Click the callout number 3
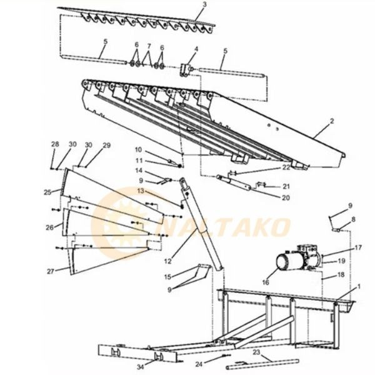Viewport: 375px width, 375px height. [x=204, y=5]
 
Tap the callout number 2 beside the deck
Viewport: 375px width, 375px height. [x=332, y=121]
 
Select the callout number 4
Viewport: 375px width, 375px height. [x=196, y=49]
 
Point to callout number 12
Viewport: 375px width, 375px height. [x=168, y=261]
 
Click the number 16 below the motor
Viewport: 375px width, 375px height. [x=266, y=282]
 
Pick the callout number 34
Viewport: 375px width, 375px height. [x=141, y=366]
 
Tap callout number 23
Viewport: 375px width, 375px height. [x=256, y=352]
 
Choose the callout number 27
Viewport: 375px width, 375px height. [x=50, y=271]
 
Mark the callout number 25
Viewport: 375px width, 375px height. [x=47, y=192]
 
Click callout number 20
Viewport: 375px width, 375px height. [x=286, y=197]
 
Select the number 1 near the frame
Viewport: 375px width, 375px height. [x=359, y=286]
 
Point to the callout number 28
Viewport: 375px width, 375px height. [x=55, y=144]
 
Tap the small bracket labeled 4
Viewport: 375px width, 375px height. [x=185, y=70]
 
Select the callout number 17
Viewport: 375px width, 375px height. [x=357, y=247]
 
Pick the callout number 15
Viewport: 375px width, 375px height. [x=167, y=277]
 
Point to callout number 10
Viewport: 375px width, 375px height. [x=139, y=150]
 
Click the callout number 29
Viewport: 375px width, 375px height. [x=107, y=145]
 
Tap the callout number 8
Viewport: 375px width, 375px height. [x=353, y=219]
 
